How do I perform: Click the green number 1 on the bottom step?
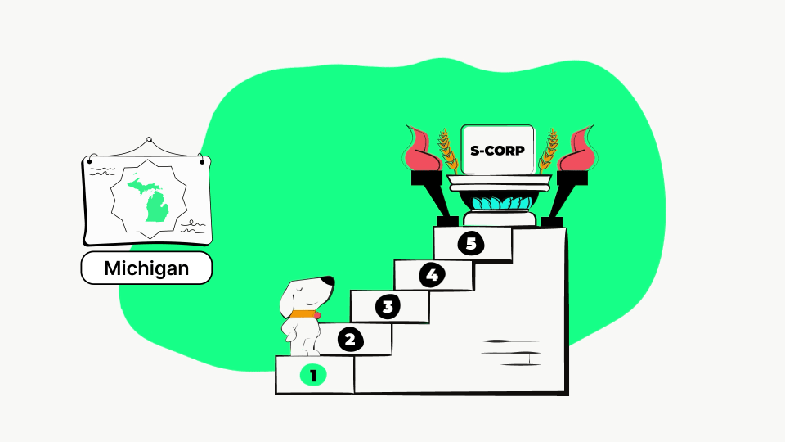pos(313,376)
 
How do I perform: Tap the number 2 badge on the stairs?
pos(350,340)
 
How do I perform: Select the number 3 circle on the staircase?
pos(388,307)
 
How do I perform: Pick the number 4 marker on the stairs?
pos(432,275)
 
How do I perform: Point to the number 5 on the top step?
pos(471,244)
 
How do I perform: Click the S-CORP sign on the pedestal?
pos(498,150)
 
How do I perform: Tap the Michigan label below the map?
pos(146,268)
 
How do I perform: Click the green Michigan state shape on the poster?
pos(151,198)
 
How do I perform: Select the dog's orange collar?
pos(304,314)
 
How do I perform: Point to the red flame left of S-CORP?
pos(422,149)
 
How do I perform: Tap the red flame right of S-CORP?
pos(576,149)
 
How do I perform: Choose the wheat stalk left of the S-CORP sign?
pos(448,151)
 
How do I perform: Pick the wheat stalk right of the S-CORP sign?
pos(548,151)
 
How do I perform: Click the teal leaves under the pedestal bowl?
pos(501,203)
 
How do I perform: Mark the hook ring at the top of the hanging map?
pos(149,139)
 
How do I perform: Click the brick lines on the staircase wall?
pos(511,353)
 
